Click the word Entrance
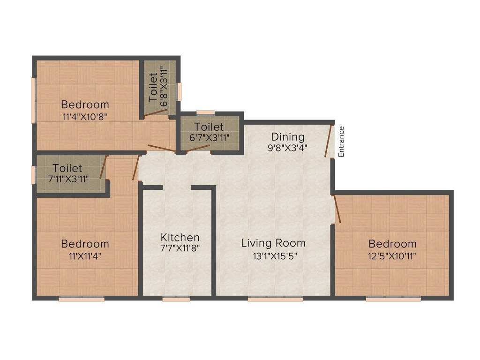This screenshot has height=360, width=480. pyautogui.click(x=342, y=142)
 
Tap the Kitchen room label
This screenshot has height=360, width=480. pyautogui.click(x=180, y=237)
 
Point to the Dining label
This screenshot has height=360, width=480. pyautogui.click(x=288, y=137)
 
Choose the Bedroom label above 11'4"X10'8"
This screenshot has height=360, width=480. pyautogui.click(x=85, y=104)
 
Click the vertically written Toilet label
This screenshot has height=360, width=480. pyautogui.click(x=153, y=88)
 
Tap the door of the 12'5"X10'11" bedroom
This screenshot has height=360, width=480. pyautogui.click(x=337, y=209)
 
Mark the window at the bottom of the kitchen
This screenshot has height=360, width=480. pyautogui.click(x=176, y=299)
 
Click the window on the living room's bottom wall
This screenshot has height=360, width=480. pyautogui.click(x=275, y=299)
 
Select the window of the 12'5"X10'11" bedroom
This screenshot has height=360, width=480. pyautogui.click(x=393, y=299)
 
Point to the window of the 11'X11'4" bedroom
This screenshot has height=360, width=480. pyautogui.click(x=82, y=299)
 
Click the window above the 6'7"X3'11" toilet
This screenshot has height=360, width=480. pyautogui.click(x=205, y=112)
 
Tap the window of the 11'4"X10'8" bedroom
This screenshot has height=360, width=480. pyautogui.click(x=33, y=100)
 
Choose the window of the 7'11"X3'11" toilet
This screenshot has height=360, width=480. pyautogui.click(x=33, y=175)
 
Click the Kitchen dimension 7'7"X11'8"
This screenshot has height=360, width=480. pyautogui.click(x=180, y=248)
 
